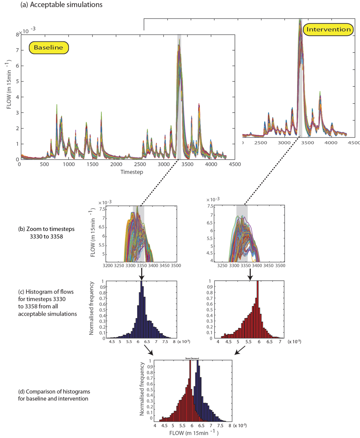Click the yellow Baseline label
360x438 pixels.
[x=48, y=47]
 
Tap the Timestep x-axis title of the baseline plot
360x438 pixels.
[x=133, y=172]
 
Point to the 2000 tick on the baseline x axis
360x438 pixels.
[x=116, y=165]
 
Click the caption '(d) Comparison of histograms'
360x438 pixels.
[x=53, y=392]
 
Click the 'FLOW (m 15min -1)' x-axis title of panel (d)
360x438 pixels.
[x=191, y=433]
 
